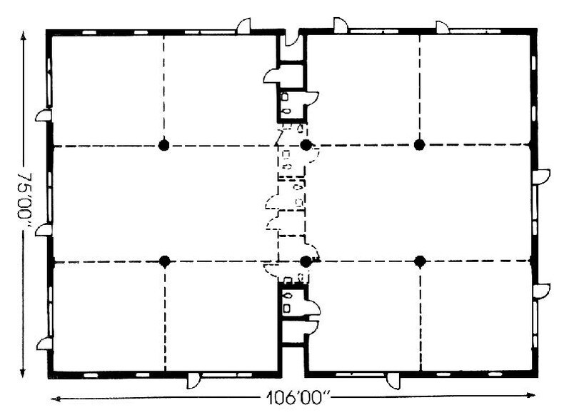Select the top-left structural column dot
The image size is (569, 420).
[164, 145]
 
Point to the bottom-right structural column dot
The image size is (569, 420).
[420, 261]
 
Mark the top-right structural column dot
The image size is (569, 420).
[420, 145]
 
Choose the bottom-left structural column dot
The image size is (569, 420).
[164, 261]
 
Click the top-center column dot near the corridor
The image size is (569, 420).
[306, 145]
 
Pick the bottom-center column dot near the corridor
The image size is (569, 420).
[306, 261]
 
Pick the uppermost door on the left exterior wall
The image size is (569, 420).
[43, 116]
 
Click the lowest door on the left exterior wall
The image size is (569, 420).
[44, 344]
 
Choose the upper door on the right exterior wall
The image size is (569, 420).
[541, 176]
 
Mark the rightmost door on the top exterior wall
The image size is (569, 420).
[443, 26]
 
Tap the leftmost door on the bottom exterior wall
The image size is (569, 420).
[193, 381]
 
